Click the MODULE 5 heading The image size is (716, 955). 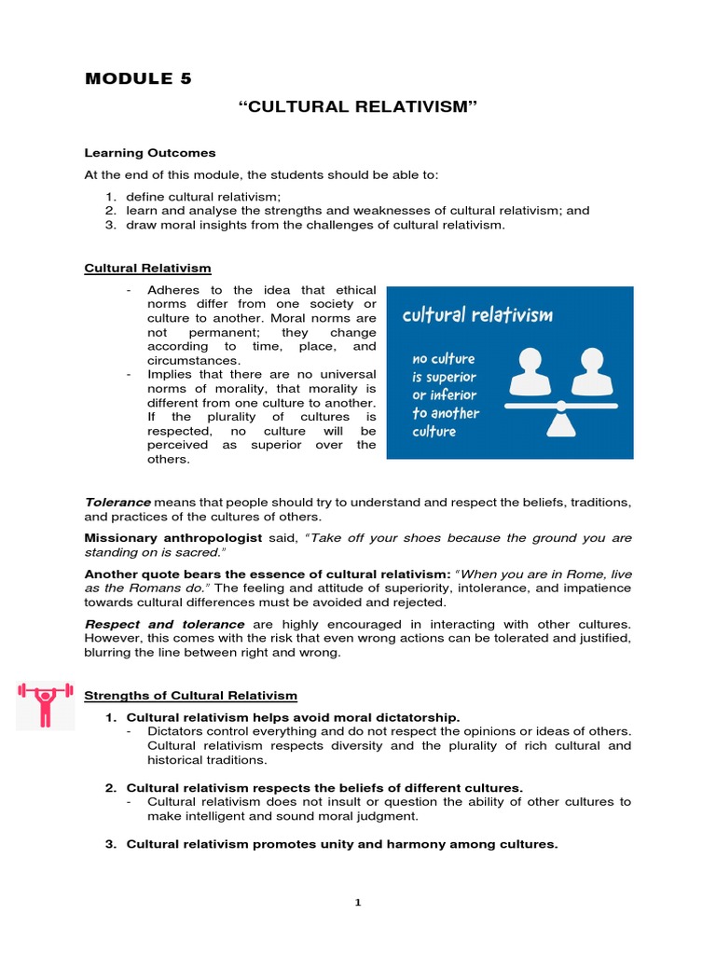(138, 78)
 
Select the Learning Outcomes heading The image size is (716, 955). (150, 152)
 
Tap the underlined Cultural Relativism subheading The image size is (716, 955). (147, 269)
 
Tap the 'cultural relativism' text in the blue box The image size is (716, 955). (476, 315)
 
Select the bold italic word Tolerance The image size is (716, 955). (117, 502)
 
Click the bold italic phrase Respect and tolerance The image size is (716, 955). (164, 623)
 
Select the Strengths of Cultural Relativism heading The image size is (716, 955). (190, 695)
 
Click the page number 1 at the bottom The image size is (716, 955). (358, 902)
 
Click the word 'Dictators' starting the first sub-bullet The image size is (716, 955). (177, 731)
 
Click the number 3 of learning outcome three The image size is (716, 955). (108, 225)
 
